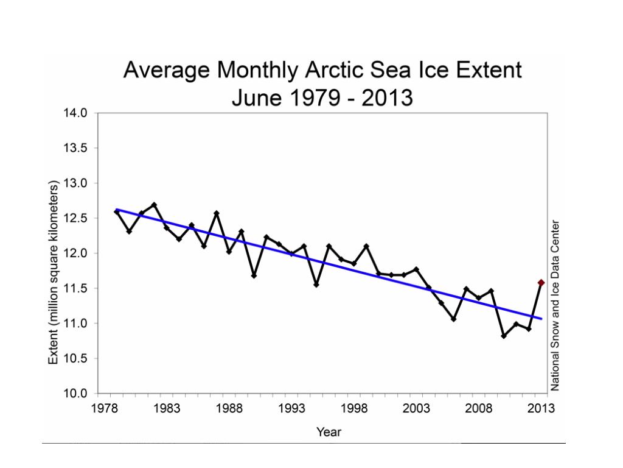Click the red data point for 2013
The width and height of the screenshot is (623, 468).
541,283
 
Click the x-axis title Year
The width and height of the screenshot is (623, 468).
329,432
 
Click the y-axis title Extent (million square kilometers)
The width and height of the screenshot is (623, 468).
54,272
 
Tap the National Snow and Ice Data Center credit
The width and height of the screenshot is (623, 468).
555,305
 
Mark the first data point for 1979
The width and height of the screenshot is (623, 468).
117,211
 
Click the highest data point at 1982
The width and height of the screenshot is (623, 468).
154,205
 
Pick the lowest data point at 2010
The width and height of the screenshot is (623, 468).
504,336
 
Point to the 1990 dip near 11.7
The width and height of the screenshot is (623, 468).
254,275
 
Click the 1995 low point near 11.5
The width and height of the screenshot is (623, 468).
316,285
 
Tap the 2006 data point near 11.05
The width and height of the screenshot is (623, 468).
453,319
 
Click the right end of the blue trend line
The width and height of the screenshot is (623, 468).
541,319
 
